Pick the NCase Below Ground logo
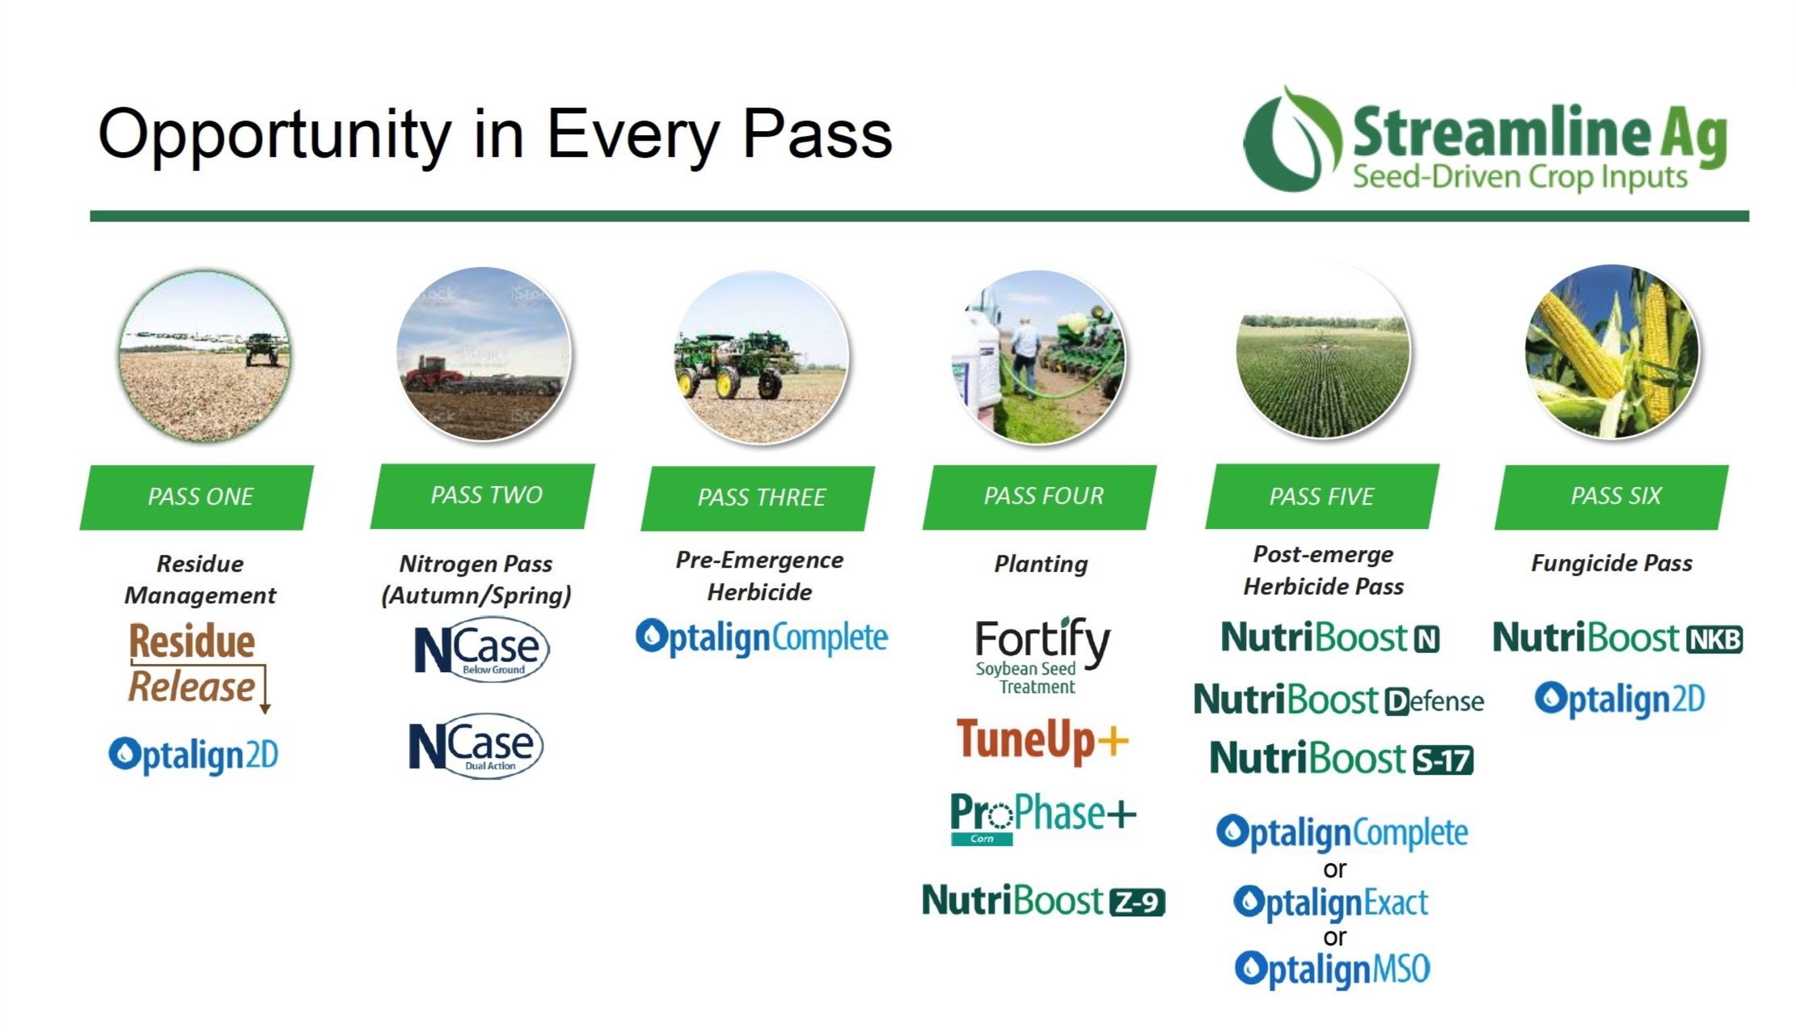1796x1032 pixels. (x=481, y=649)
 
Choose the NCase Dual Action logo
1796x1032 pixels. (x=475, y=746)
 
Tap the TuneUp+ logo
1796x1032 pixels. (x=1042, y=740)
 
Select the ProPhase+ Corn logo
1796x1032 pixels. (x=1042, y=817)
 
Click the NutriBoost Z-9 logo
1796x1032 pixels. (x=1043, y=900)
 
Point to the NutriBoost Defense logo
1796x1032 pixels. (x=1338, y=700)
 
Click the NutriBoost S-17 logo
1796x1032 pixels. (x=1341, y=759)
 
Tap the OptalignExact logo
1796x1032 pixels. (x=1331, y=903)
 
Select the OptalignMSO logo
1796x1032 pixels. (x=1333, y=969)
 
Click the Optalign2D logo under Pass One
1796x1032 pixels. (x=193, y=755)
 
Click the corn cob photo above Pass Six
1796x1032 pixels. (x=1612, y=352)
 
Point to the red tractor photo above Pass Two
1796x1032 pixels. (x=484, y=354)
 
